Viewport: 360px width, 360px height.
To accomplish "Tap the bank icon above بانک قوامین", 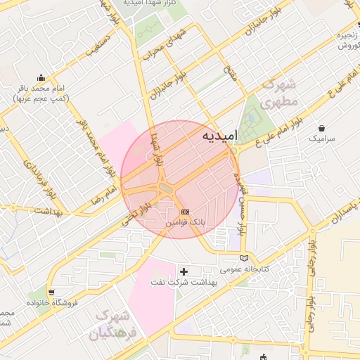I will [185, 211].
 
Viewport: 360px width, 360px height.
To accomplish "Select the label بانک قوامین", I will [185, 221].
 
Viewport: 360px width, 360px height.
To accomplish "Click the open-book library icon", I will [244, 257].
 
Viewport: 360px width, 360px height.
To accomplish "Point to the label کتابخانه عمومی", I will [240, 269].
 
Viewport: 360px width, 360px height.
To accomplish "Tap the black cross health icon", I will [184, 271].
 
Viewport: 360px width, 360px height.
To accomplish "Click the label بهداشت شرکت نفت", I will [184, 281].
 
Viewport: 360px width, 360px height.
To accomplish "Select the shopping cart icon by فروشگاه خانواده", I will [51, 292].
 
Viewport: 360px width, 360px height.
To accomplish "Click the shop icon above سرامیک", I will [321, 129].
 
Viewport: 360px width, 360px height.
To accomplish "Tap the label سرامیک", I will [323, 139].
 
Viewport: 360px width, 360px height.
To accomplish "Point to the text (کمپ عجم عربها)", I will [40, 98].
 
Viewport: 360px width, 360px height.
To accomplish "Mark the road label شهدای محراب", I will [172, 42].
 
